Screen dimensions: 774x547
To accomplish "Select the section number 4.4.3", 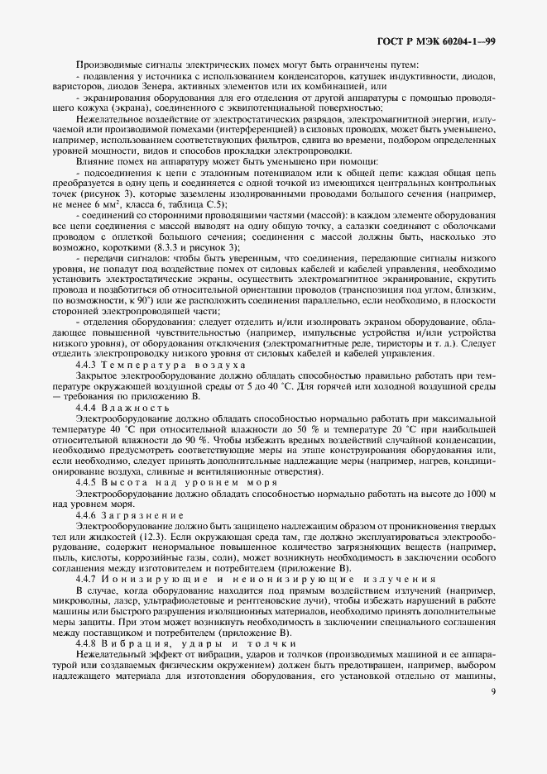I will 88,364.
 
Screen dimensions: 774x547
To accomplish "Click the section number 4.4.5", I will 88,482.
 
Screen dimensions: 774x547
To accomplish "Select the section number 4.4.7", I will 88,580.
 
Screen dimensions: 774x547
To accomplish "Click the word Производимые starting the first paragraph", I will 105,65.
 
